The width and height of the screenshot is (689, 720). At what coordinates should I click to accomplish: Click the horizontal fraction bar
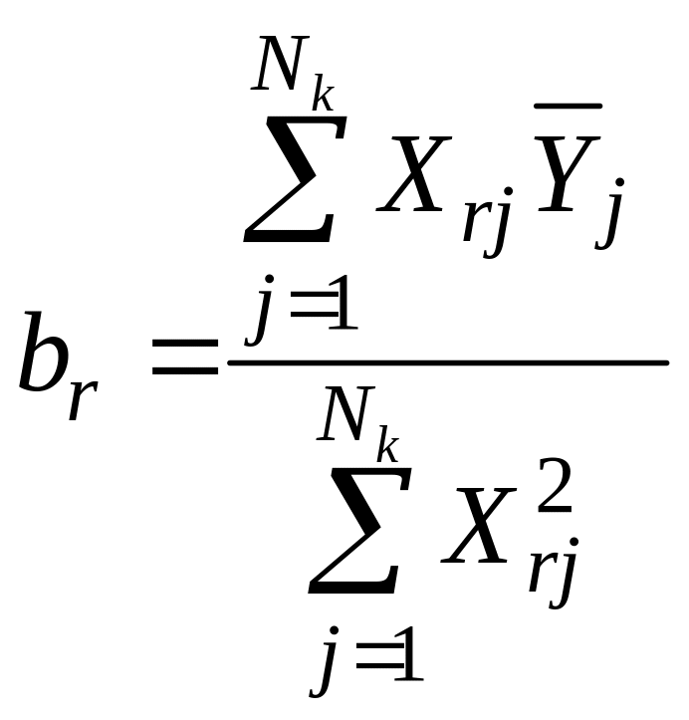click(x=448, y=362)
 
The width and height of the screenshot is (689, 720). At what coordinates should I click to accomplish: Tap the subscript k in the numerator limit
click(x=322, y=98)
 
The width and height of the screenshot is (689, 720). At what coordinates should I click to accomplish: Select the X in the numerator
click(x=410, y=181)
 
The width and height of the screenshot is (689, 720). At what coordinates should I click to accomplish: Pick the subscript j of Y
click(x=608, y=227)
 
